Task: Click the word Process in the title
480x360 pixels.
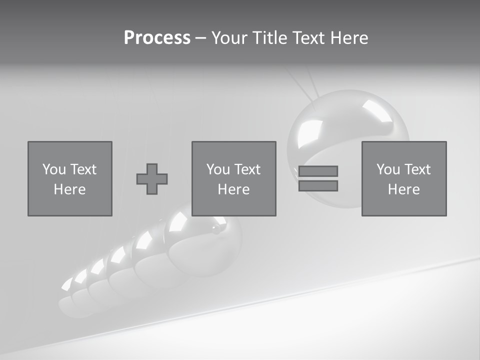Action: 157,38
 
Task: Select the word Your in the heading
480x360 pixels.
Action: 229,38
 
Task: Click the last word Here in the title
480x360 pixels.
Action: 349,38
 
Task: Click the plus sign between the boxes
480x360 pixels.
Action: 152,179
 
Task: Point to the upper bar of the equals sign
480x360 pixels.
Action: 318,171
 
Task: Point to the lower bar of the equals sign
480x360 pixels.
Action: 318,185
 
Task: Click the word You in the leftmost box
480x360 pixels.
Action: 54,169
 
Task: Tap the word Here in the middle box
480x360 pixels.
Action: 234,189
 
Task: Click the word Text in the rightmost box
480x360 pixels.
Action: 417,169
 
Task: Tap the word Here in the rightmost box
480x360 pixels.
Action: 404,189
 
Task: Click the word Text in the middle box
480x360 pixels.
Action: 247,169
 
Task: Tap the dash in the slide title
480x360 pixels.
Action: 200,38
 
